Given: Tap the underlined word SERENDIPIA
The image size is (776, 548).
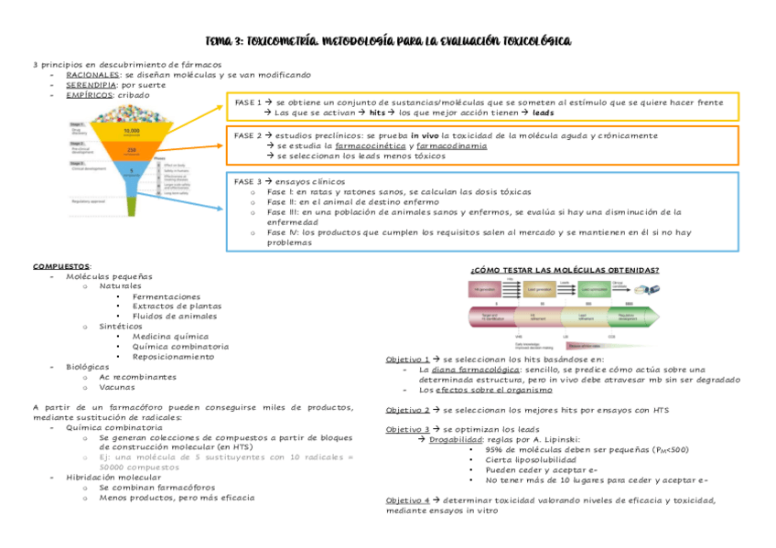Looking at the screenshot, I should coord(91,85).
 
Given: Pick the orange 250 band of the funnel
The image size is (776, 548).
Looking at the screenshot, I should coord(131,150).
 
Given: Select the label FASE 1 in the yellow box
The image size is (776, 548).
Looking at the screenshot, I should coord(248,103).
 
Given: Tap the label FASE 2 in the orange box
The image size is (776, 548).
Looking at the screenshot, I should coord(248,135).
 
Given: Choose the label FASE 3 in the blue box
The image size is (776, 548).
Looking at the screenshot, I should coord(248,182).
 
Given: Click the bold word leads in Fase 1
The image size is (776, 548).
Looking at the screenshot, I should coord(544,113).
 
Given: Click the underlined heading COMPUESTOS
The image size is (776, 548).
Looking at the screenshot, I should coord(61,266).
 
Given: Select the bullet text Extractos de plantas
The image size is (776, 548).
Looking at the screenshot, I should coord(177,306).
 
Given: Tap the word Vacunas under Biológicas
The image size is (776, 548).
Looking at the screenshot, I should coord(117,387).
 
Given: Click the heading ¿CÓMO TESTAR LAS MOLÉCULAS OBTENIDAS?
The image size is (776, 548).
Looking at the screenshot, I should coord(564,270).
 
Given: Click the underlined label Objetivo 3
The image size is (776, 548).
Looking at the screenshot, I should coord(407,429).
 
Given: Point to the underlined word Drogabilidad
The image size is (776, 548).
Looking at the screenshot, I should coord(460,439).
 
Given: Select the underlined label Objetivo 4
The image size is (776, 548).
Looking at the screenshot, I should coord(407,500).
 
